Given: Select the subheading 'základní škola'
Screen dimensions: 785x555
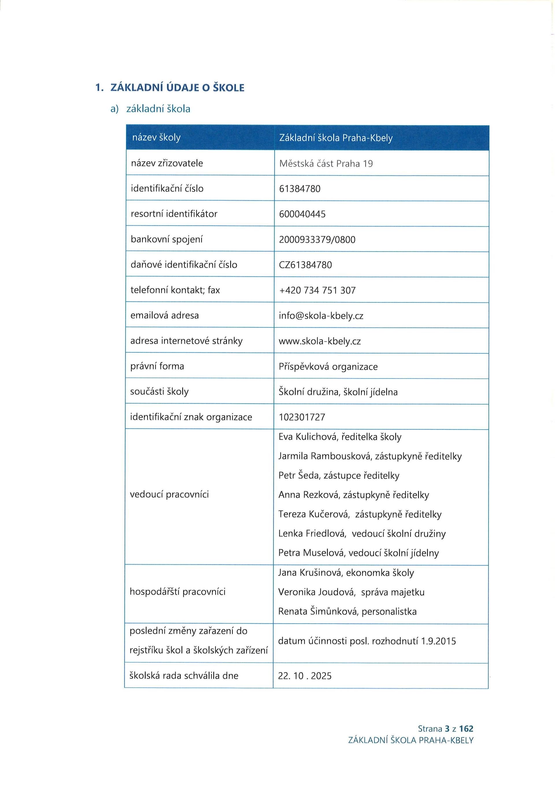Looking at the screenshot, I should tap(158, 109).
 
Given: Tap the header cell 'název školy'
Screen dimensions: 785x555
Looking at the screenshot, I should tap(156, 138).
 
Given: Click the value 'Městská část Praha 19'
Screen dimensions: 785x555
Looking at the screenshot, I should tap(326, 164).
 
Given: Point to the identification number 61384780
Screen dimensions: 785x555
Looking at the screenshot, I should tap(300, 189).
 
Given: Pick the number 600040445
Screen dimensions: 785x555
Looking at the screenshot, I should tap(302, 214).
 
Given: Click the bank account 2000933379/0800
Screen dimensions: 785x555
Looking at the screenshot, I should tap(317, 240).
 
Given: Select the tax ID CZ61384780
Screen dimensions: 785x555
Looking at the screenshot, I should tap(305, 265).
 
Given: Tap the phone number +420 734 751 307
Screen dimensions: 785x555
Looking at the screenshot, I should tap(317, 290).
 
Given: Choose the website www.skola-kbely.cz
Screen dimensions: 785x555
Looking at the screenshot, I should tap(319, 341).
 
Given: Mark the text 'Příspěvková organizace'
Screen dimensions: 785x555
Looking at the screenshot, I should tap(328, 367).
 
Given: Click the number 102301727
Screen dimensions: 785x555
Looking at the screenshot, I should tap(302, 417).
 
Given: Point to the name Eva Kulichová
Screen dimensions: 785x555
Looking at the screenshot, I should tap(307, 437).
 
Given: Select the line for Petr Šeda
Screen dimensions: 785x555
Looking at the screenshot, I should tap(339, 476).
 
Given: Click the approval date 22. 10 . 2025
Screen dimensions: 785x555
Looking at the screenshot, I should tap(305, 676).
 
